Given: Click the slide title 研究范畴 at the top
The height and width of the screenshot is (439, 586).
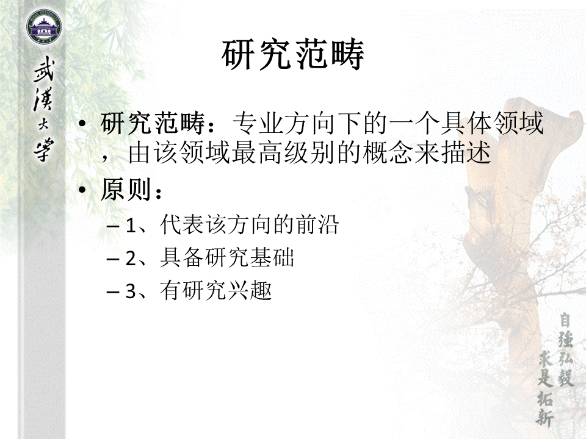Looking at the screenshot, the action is [x=292, y=55].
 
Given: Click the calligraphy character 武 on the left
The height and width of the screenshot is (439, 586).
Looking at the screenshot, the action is [x=44, y=70].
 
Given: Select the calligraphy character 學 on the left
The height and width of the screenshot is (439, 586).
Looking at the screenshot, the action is [x=44, y=150].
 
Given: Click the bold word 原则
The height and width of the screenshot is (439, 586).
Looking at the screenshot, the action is [x=126, y=190].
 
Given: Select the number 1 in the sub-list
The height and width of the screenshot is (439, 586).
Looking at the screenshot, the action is [x=131, y=226].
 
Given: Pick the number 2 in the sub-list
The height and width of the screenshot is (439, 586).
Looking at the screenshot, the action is [x=131, y=259].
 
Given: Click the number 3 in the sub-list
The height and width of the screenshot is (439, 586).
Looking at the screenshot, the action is [x=131, y=291].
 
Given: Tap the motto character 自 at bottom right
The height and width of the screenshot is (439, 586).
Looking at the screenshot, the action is [x=565, y=321].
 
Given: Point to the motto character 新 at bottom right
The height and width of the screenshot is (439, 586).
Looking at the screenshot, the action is [x=545, y=415].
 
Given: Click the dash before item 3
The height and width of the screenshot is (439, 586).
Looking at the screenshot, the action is [x=112, y=291].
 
